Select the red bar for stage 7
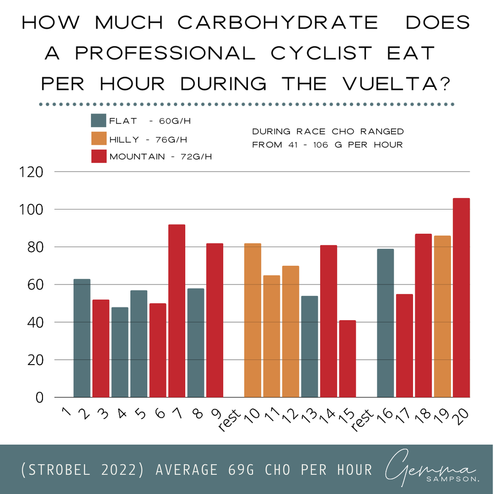[176, 311]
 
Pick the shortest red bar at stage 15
[347, 359]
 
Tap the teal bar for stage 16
[385, 323]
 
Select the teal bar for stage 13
[309, 347]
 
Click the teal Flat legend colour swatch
[98, 122]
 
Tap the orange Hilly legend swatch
[98, 139]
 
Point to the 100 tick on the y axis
[35, 209]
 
